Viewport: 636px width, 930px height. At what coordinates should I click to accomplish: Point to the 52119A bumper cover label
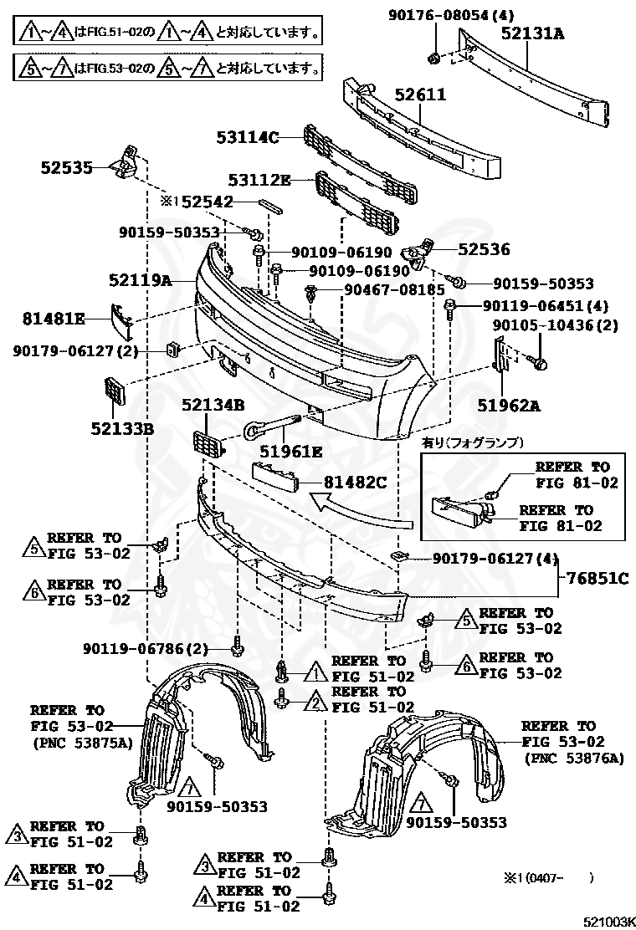(139, 281)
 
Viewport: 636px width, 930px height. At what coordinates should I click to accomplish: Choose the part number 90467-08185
(394, 289)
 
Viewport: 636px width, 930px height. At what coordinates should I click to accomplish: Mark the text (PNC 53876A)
(574, 758)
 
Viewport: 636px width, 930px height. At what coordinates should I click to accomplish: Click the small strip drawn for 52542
(272, 202)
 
